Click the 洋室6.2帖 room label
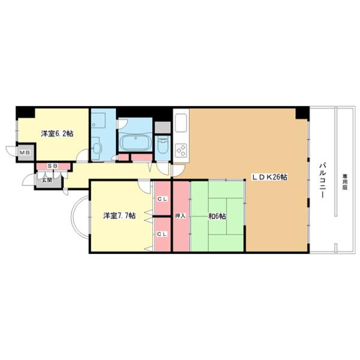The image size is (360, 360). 57,134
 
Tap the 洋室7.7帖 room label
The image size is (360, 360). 119,216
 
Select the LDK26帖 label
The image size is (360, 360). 269,177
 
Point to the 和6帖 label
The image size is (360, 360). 217,216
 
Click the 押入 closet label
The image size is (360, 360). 180,216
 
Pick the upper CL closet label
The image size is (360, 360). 162,199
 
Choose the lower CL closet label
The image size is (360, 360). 162,234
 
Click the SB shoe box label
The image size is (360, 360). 53,166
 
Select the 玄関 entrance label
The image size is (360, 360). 47,180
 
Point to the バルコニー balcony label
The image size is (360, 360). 323,180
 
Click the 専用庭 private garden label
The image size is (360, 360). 344,182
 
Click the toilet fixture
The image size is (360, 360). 163,145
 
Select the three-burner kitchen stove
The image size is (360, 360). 181,151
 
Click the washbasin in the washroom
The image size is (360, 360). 97,148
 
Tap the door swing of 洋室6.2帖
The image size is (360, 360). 83,155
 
